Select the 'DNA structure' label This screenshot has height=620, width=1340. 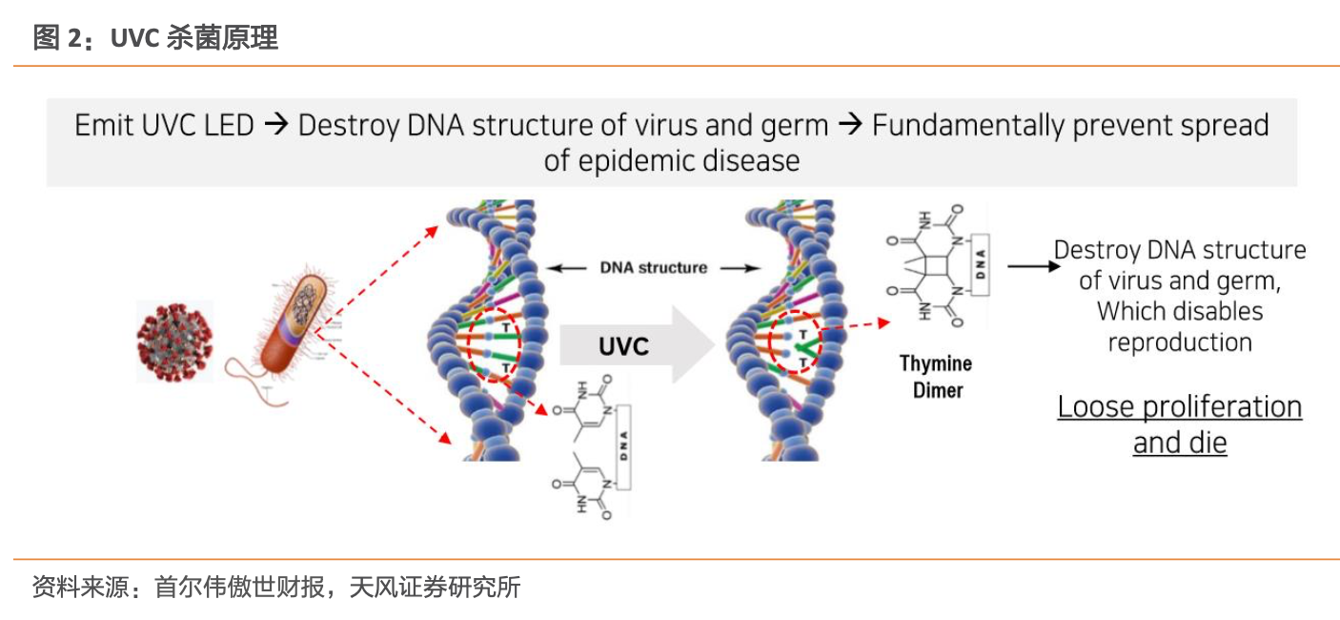(654, 268)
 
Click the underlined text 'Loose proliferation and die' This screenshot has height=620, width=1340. (1179, 424)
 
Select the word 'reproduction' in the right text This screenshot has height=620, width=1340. (1179, 342)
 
